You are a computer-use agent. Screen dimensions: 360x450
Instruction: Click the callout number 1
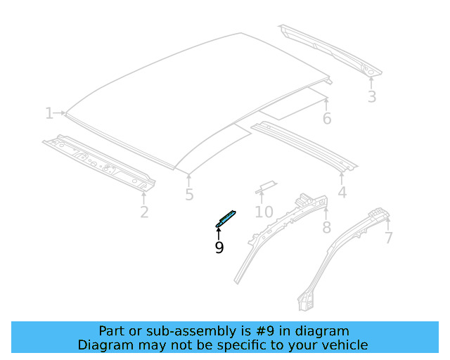click(x=49, y=113)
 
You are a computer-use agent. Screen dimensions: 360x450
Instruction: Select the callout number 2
click(x=144, y=211)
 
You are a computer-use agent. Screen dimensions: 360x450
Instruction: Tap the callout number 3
click(x=371, y=97)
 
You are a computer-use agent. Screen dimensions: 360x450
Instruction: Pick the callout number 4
click(x=342, y=192)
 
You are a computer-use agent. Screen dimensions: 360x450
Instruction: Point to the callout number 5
click(x=189, y=195)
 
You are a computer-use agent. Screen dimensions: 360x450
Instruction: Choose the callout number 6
click(x=327, y=118)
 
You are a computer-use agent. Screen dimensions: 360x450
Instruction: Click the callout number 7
click(x=388, y=238)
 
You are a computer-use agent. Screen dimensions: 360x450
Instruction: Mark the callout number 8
click(x=326, y=227)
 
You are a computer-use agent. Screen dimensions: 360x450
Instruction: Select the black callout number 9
click(x=219, y=247)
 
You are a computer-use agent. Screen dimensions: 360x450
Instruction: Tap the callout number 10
click(x=264, y=212)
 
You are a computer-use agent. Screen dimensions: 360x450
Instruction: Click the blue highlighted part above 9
click(x=226, y=218)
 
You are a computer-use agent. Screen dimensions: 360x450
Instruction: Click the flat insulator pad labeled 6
click(x=293, y=105)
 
